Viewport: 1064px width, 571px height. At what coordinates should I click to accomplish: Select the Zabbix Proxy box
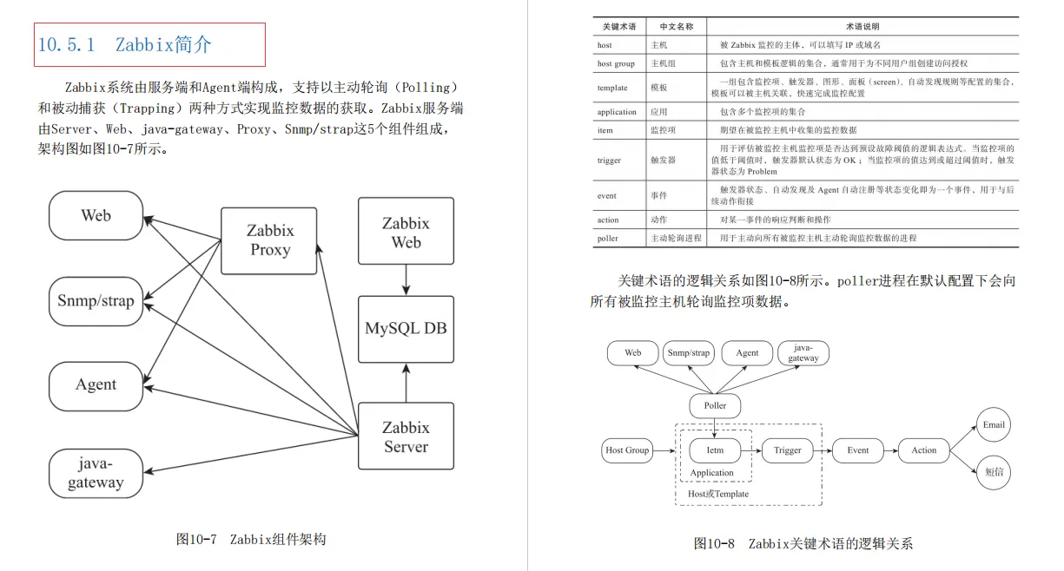point(269,240)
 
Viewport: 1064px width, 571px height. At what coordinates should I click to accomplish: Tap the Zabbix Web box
point(406,232)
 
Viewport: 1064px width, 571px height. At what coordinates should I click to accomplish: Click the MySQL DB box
point(406,329)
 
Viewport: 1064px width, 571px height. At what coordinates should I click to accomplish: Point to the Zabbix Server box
point(406,436)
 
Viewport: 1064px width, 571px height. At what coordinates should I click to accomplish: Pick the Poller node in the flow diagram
point(715,405)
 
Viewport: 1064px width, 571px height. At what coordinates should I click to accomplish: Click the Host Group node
point(626,450)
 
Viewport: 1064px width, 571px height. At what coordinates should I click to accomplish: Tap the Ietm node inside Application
point(715,450)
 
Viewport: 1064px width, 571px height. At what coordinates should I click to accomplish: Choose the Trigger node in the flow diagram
point(787,450)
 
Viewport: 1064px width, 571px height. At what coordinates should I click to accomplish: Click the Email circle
point(994,425)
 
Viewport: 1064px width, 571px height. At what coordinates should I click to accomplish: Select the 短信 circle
point(994,472)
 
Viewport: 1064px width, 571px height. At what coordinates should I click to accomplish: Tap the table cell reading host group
point(616,63)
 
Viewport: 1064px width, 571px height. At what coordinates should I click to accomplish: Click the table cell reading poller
point(608,238)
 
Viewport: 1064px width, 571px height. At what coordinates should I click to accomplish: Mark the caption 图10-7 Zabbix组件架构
point(251,539)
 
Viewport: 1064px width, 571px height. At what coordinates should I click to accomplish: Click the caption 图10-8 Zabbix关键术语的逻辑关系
point(803,544)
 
